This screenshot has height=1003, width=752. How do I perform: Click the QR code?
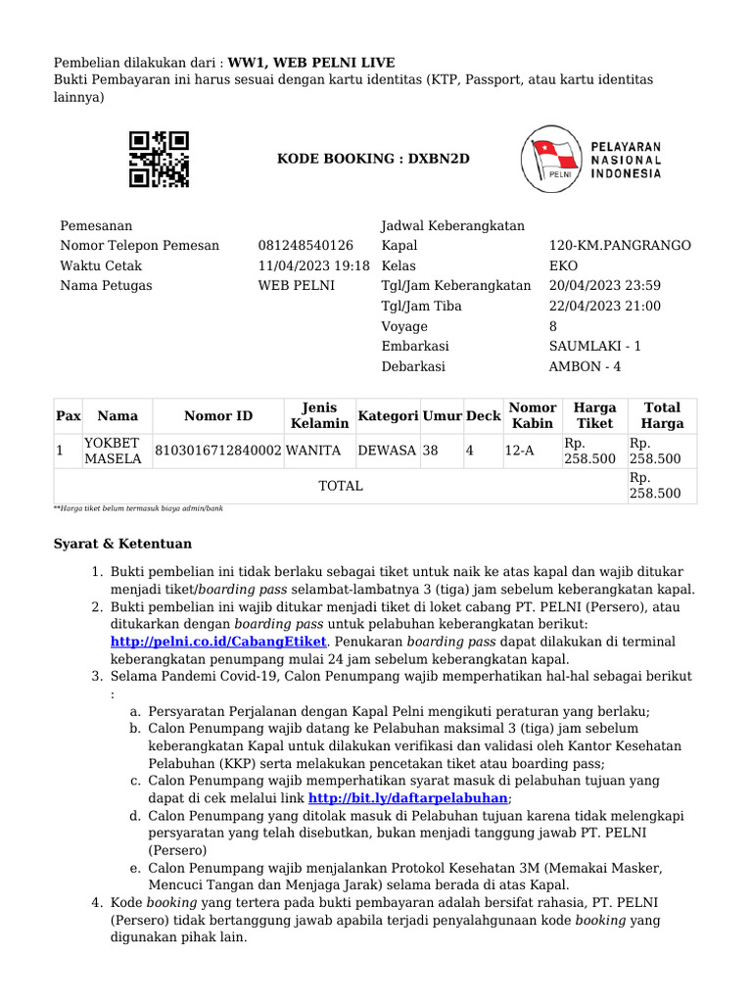tap(159, 159)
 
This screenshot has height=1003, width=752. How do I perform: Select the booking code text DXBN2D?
tap(427, 159)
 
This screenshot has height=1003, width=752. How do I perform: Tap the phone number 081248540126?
tap(305, 245)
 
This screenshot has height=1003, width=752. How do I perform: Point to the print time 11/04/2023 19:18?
tap(313, 265)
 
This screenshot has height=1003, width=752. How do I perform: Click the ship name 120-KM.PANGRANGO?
tap(620, 245)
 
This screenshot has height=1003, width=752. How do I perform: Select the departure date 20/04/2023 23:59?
tap(605, 286)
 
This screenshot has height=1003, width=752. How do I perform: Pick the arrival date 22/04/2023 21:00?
tap(605, 306)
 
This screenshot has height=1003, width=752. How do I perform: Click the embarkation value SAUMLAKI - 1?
tap(595, 347)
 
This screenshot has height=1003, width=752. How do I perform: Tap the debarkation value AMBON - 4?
tap(585, 366)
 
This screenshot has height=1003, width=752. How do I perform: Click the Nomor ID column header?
tap(217, 416)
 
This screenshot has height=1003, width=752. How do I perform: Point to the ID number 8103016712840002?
tap(217, 451)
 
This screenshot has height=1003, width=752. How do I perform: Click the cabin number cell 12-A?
tap(519, 451)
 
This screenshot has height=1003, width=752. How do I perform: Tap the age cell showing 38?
tap(431, 451)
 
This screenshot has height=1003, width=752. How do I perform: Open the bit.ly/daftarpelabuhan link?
tap(408, 797)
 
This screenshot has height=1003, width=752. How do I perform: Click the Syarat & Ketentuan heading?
tap(121, 544)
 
